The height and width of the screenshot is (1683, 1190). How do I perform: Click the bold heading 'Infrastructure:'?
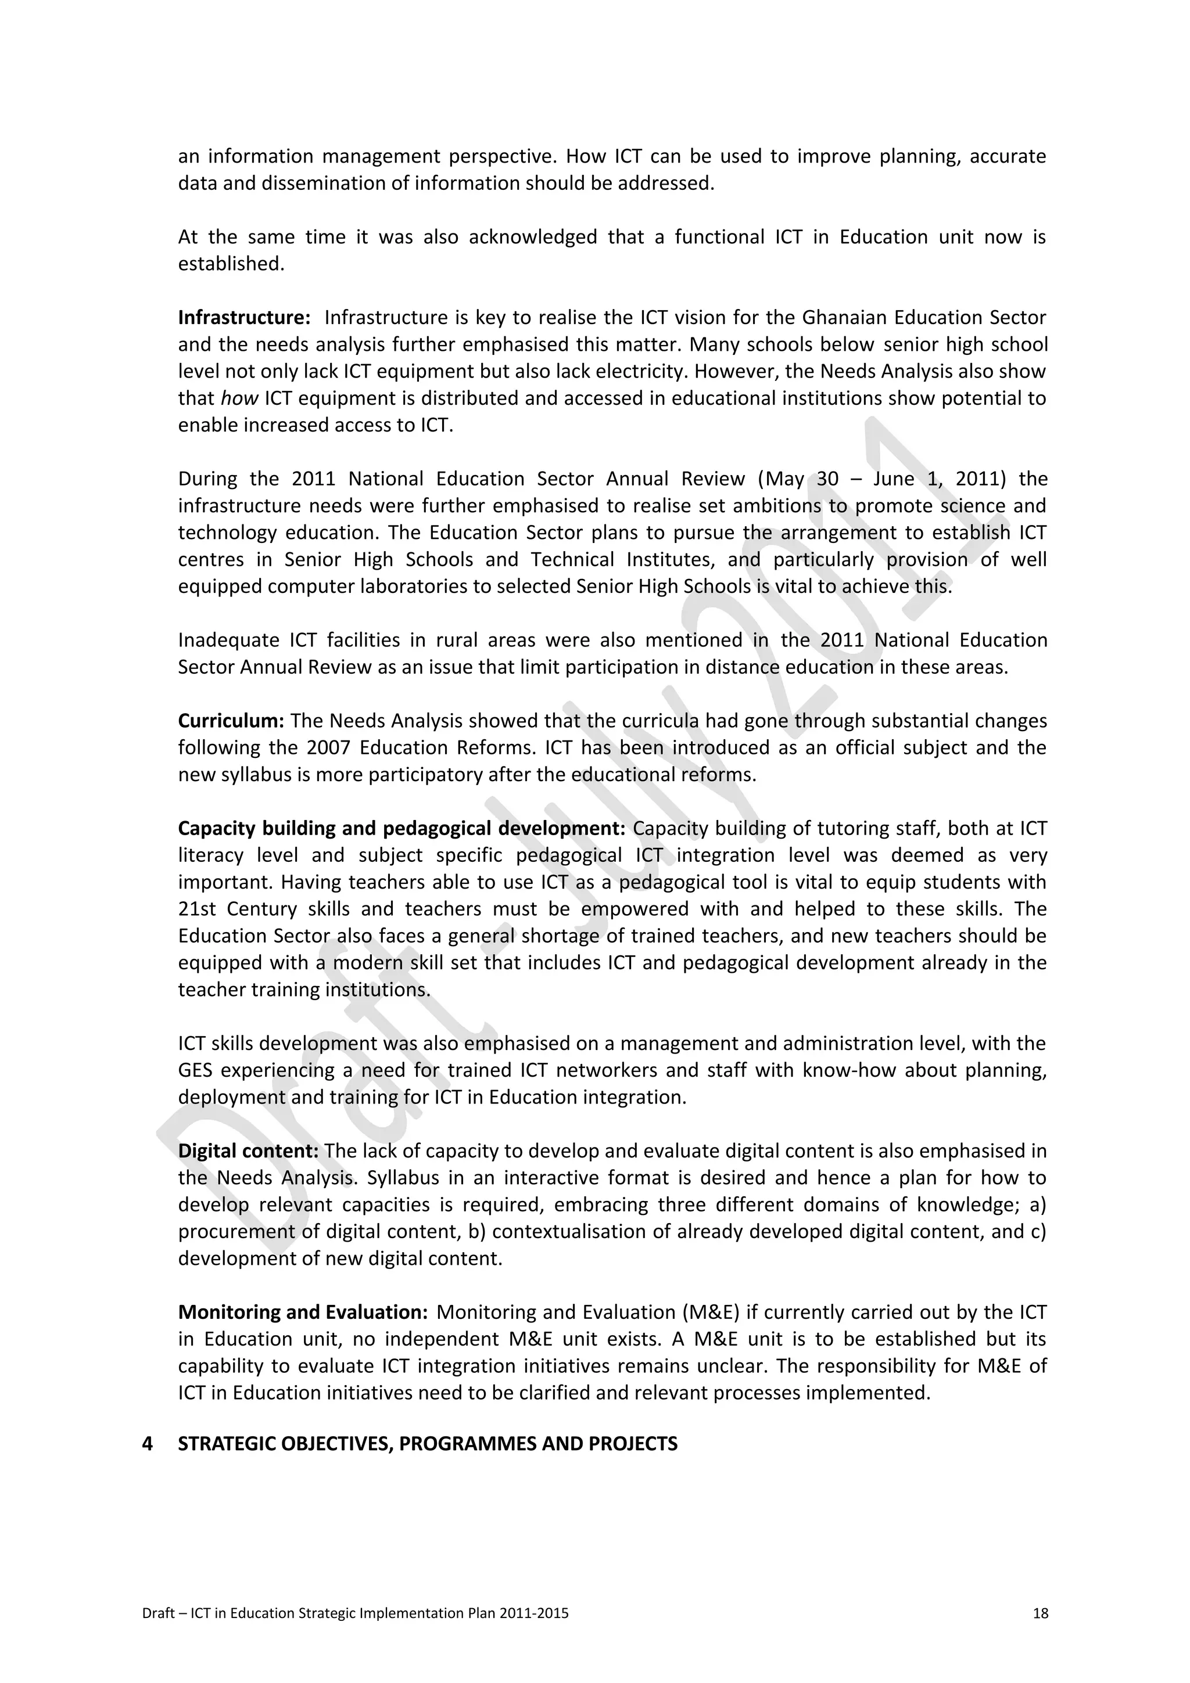[x=244, y=318]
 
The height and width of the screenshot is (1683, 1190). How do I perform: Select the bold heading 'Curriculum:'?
[x=231, y=721]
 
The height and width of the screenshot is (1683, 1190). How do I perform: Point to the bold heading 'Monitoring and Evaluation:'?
[x=303, y=1312]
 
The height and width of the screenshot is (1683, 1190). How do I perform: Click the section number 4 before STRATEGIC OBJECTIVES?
[x=148, y=1444]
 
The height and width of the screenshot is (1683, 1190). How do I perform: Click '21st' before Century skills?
[x=195, y=909]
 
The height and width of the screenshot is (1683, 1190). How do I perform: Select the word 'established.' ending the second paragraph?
[x=231, y=264]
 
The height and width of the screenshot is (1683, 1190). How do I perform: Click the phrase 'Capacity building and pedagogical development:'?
[x=401, y=828]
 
